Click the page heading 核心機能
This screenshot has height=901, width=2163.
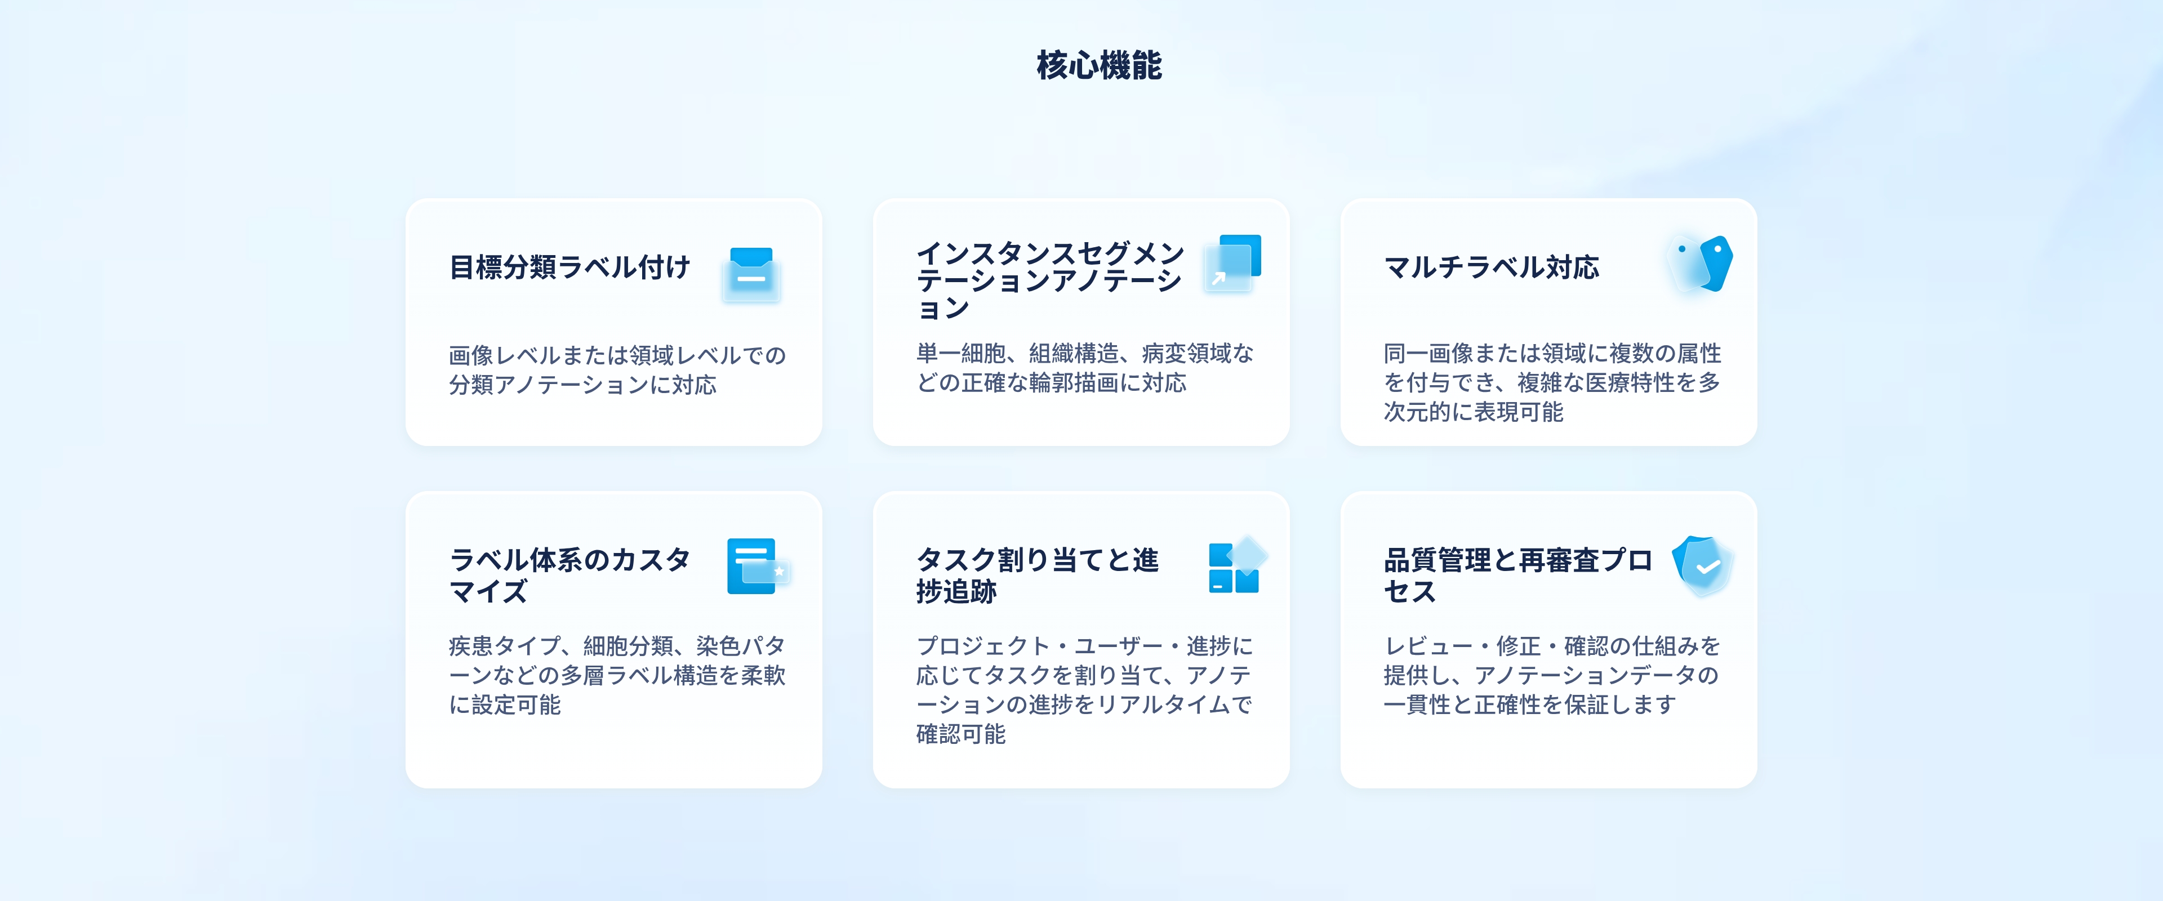click(x=1099, y=65)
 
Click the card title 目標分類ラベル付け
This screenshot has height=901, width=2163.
click(x=569, y=267)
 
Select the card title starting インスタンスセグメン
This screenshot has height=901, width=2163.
click(x=1049, y=280)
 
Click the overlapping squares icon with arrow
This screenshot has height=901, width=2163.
click(x=1232, y=263)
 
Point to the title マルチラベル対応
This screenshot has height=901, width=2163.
click(x=1491, y=267)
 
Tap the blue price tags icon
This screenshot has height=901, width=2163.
click(x=1699, y=264)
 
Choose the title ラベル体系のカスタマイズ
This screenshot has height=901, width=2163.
click(x=569, y=575)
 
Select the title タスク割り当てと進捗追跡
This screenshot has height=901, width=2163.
click(x=1037, y=575)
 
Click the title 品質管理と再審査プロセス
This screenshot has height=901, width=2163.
click(x=1517, y=575)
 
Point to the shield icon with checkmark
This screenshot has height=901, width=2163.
click(x=1703, y=566)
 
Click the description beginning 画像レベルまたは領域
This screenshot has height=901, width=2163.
click(x=617, y=369)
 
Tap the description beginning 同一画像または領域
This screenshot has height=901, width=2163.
click(x=1552, y=382)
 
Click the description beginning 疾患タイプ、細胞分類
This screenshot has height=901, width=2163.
click(x=617, y=675)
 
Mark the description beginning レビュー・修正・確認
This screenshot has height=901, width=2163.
click(x=1552, y=675)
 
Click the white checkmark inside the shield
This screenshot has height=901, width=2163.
click(x=1708, y=569)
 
